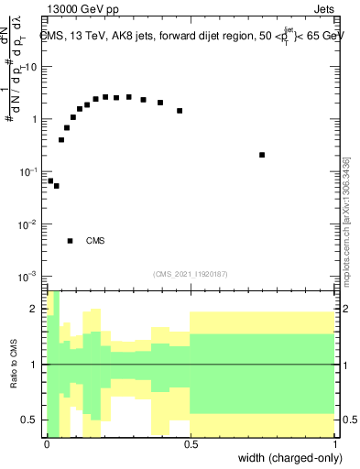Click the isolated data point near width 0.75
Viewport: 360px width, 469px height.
click(262, 155)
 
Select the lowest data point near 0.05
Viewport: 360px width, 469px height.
click(56, 186)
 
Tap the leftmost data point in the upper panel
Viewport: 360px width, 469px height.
click(50, 180)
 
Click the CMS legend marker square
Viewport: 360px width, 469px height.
click(70, 241)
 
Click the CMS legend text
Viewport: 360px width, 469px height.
click(95, 242)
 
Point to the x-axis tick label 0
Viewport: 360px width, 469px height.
click(47, 443)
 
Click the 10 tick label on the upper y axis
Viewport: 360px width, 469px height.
click(30, 68)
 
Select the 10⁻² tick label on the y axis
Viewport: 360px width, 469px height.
click(29, 224)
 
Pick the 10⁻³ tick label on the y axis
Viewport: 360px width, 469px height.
click(29, 277)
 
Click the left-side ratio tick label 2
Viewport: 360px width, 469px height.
click(37, 310)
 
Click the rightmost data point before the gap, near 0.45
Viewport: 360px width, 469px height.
click(180, 111)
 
